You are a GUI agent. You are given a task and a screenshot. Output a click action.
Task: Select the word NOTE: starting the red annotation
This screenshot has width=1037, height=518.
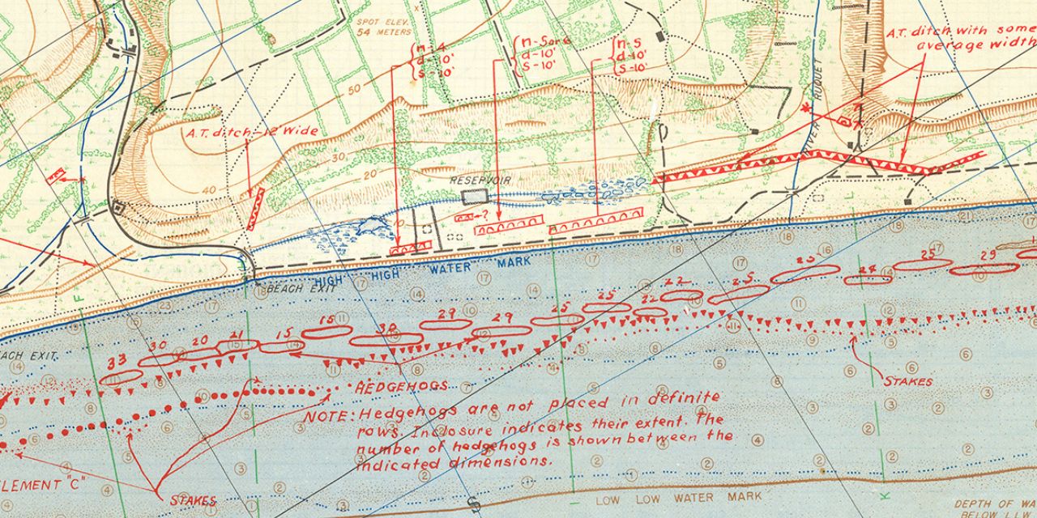(327, 416)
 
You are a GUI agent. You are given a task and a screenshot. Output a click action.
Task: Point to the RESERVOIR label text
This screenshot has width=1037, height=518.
(480, 180)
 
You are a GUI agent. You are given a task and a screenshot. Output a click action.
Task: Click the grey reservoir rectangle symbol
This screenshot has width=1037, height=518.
(475, 197)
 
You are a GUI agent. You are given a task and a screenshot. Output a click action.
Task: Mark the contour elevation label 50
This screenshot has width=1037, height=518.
(354, 89)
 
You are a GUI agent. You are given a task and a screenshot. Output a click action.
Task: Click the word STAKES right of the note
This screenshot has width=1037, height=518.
(907, 380)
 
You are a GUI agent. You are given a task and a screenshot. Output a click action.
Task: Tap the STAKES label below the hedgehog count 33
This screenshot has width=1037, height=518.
(193, 500)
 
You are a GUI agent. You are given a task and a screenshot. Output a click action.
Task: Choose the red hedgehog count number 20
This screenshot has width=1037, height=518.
(199, 341)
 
